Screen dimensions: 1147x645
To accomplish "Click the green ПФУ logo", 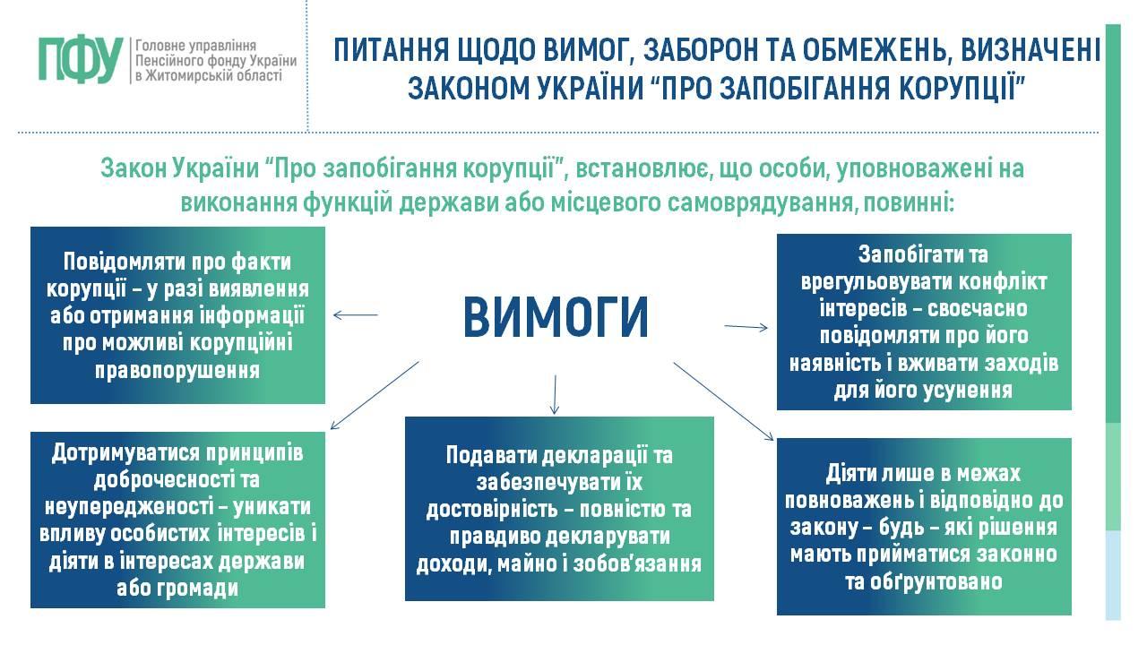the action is (x=81, y=60).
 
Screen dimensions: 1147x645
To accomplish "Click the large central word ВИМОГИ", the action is (x=556, y=317).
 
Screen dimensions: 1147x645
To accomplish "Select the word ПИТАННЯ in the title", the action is (x=392, y=50).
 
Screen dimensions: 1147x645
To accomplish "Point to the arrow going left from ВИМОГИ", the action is (x=356, y=314).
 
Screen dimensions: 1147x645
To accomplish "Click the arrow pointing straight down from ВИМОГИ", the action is (x=555, y=394).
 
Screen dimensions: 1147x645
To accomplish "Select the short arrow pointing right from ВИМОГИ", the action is (x=746, y=327).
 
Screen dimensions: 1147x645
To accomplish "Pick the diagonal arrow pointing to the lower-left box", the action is (x=375, y=395).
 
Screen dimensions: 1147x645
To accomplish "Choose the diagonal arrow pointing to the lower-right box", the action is (x=723, y=401).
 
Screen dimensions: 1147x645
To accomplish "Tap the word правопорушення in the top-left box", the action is (x=177, y=371).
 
